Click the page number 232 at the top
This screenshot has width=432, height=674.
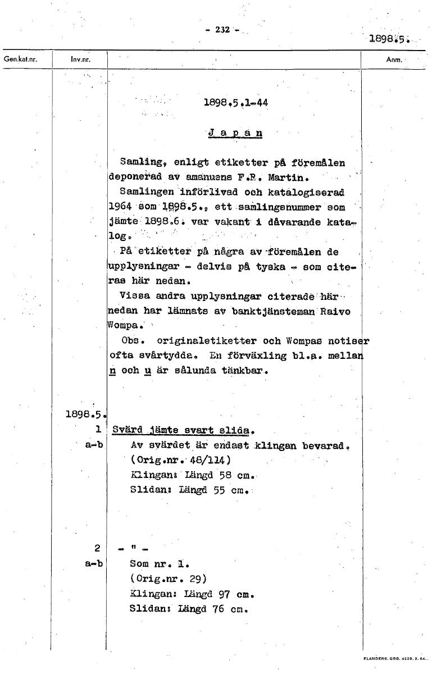[x=223, y=30]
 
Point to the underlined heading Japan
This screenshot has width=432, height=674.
[x=235, y=134]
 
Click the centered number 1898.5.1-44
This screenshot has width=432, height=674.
[x=235, y=103]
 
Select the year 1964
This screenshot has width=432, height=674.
[x=120, y=207]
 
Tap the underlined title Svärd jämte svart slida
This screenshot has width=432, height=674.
[x=184, y=431]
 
